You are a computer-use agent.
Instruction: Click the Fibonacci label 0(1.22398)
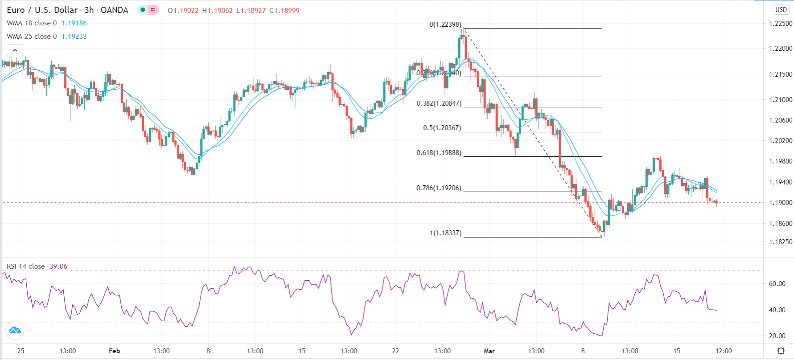(445, 25)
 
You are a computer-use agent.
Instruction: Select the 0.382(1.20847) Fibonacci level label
(439, 103)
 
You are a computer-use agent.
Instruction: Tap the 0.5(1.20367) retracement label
(442, 128)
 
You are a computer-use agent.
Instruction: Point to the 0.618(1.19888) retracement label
(439, 153)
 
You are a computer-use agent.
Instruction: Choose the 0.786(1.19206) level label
(439, 188)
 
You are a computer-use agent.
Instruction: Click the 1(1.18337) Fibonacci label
(445, 233)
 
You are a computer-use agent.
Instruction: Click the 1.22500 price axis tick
(781, 24)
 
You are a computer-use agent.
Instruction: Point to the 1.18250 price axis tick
(781, 242)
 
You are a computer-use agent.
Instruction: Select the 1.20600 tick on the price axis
(781, 120)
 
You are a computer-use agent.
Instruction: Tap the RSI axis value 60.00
(777, 284)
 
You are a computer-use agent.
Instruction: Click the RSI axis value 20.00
(777, 336)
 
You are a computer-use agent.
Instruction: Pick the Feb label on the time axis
(115, 351)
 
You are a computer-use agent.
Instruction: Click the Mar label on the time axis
(489, 351)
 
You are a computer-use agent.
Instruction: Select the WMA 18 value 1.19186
(74, 23)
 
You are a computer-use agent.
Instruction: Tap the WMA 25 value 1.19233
(74, 37)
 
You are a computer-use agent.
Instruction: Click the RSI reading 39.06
(58, 266)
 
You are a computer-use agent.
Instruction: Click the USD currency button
(781, 9)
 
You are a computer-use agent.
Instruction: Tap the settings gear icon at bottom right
(781, 351)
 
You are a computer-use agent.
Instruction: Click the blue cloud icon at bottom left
(15, 330)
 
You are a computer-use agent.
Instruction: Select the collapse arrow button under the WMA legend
(15, 50)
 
